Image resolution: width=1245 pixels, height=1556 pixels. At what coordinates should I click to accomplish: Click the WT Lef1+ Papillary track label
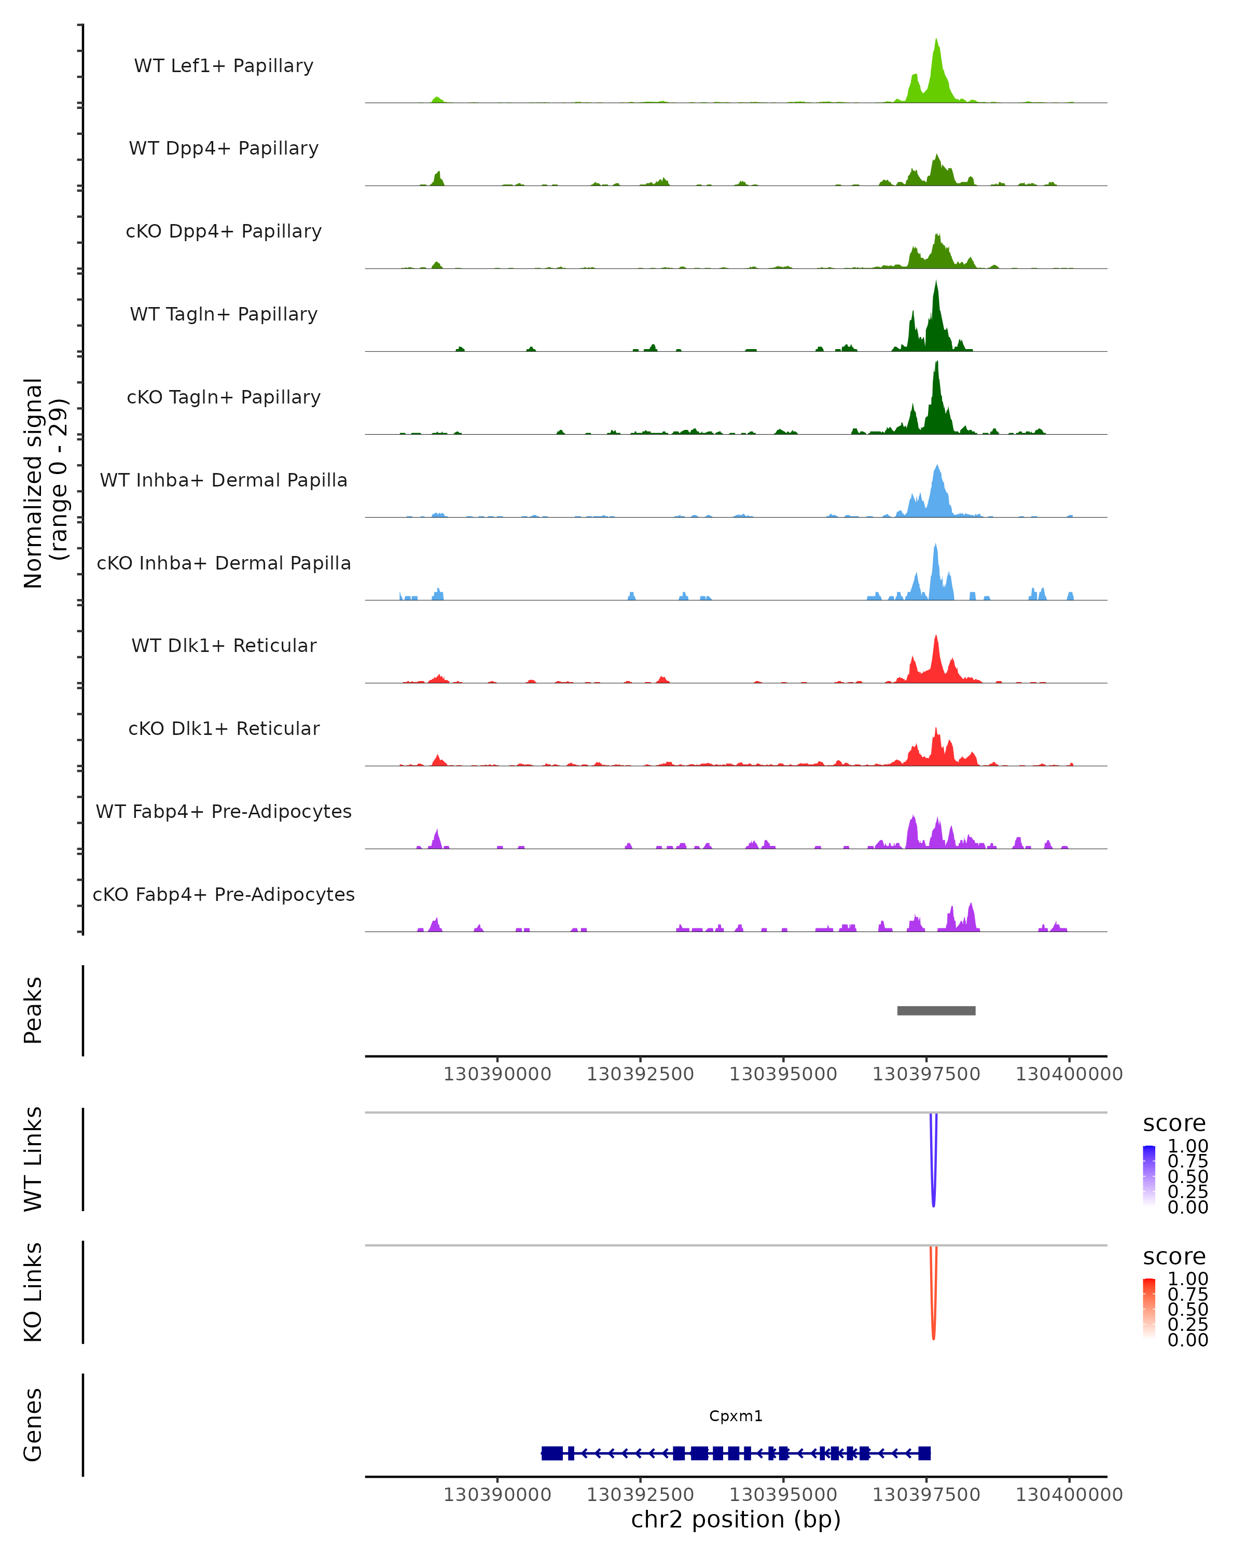(224, 66)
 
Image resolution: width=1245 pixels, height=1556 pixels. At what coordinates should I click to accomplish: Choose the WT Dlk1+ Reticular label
(224, 645)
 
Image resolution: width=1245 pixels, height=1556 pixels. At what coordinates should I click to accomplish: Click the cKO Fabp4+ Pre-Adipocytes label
(224, 894)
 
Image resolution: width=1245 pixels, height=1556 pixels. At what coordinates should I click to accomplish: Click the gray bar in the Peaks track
(936, 1010)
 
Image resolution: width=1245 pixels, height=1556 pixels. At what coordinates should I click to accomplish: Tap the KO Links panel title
(33, 1292)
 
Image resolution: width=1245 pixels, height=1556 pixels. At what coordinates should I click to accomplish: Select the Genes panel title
(33, 1425)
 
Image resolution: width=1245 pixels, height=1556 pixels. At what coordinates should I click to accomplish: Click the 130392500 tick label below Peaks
(640, 1074)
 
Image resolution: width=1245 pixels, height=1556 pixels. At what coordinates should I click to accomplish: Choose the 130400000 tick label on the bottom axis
(1069, 1495)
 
